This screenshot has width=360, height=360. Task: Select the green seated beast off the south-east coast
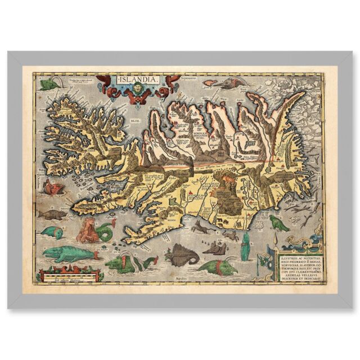tap(278, 223)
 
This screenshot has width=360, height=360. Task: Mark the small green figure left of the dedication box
tap(262, 262)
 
